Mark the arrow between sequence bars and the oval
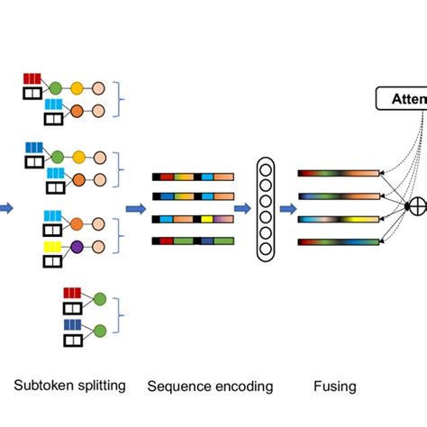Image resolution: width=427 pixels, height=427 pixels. pos(242,208)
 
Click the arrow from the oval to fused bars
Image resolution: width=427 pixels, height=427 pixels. pos(286,208)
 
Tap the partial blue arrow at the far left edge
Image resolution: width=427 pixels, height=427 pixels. pos(5,208)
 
